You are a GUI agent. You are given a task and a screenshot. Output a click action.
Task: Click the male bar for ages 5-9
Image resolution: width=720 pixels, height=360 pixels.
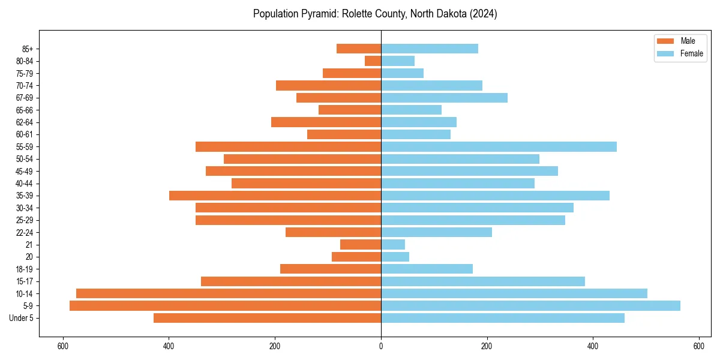(225, 306)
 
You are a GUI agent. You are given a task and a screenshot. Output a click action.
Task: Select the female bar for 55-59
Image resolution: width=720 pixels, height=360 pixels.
(499, 147)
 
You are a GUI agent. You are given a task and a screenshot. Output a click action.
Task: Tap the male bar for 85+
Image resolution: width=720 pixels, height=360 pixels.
(359, 49)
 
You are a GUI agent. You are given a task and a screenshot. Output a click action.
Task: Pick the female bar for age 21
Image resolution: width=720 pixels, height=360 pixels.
(393, 245)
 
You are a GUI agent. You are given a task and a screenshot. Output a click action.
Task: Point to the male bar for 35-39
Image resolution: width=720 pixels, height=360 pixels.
(275, 196)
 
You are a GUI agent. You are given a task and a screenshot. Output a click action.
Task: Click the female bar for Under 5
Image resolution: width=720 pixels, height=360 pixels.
(502, 318)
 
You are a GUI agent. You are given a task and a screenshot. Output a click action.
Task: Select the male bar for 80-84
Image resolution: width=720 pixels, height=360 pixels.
(373, 61)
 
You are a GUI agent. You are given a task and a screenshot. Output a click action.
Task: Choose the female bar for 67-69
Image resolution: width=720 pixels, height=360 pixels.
(444, 98)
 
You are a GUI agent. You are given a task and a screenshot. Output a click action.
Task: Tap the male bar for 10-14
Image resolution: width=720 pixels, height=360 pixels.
(229, 293)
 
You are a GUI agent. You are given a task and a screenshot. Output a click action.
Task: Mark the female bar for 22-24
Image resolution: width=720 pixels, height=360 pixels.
(436, 232)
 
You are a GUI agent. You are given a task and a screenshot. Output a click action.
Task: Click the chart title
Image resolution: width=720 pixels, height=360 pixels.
(375, 14)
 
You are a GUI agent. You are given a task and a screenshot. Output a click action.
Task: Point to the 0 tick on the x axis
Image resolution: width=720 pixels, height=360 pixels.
(381, 346)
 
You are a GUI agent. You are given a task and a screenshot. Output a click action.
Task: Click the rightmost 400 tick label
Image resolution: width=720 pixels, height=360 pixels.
(593, 346)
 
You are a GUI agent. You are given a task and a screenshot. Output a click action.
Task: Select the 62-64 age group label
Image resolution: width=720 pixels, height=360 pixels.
(24, 122)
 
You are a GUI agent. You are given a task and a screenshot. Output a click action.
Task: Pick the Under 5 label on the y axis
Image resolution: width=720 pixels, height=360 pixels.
(22, 318)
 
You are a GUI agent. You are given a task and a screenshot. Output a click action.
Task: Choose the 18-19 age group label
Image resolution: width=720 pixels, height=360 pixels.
(24, 269)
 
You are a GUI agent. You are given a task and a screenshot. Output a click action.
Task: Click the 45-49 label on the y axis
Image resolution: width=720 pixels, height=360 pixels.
(24, 171)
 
